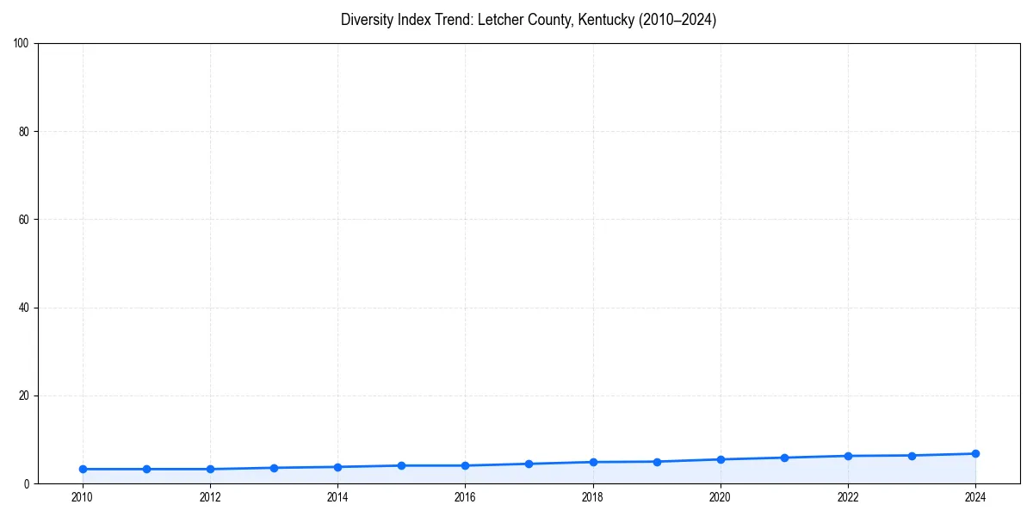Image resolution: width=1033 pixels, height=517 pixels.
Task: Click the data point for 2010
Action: [83, 469]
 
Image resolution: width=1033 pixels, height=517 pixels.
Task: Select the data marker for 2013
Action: [274, 468]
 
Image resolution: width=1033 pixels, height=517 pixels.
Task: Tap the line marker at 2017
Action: [529, 464]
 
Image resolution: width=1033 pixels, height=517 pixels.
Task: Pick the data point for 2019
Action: [657, 462]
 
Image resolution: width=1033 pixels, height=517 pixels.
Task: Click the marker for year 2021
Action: [784, 458]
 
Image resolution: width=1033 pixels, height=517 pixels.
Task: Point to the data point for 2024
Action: [975, 453]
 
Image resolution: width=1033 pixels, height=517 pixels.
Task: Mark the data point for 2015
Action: [401, 465]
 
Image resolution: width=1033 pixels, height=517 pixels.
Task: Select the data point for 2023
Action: [912, 455]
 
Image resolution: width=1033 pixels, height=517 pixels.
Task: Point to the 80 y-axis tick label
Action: [25, 132]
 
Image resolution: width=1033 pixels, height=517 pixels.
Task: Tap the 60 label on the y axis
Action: [25, 220]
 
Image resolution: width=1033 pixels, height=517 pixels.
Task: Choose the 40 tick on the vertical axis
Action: [25, 308]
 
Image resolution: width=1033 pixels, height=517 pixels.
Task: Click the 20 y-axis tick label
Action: [25, 396]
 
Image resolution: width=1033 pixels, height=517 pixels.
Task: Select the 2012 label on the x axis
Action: [210, 496]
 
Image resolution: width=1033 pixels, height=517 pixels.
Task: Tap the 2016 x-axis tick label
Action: [465, 496]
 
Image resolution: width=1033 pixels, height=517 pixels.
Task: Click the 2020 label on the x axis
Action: [721, 496]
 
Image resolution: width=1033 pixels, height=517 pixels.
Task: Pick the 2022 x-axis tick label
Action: [848, 496]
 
